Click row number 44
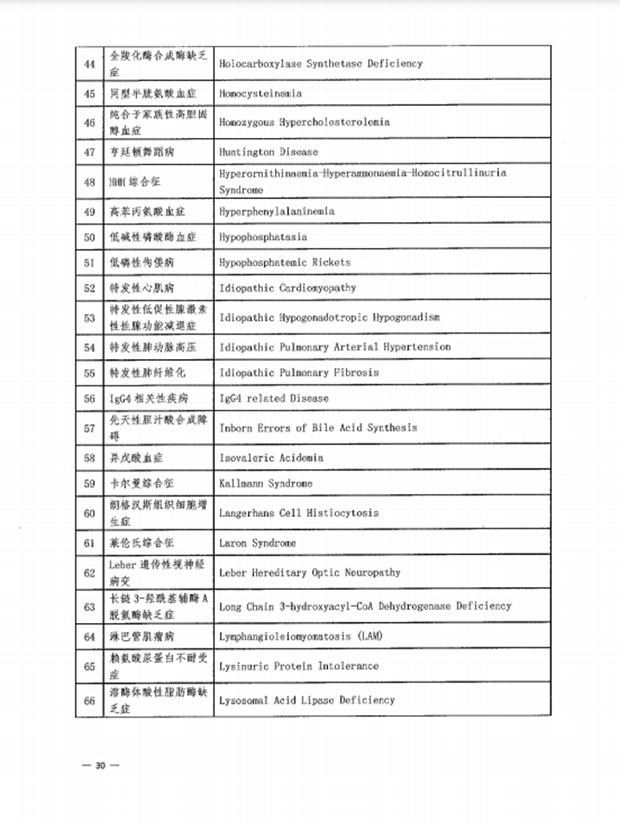pos(90,63)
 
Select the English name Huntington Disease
pos(269,152)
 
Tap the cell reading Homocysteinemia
pos(261,93)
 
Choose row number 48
pos(90,182)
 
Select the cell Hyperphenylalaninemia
pos(277,212)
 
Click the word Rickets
pos(331,262)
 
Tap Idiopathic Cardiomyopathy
pos(288,288)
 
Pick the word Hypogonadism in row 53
pos(406,317)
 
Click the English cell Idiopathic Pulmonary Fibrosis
pos(299,373)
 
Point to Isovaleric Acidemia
pos(271,458)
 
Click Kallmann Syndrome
pos(266,483)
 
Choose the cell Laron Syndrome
pos(257,543)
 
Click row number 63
pos(90,607)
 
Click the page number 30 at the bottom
pos(100,765)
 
